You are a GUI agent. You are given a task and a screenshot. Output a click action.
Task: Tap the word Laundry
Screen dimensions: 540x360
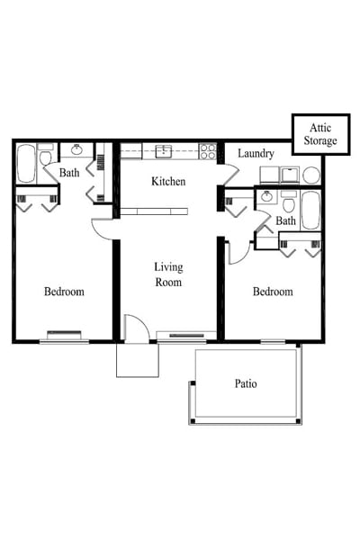(x=256, y=154)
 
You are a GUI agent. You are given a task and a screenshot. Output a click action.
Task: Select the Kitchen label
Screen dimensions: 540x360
(x=168, y=182)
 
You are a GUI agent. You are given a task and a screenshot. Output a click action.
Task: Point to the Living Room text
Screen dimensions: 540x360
(x=168, y=274)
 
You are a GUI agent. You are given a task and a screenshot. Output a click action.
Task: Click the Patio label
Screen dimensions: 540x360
(x=246, y=383)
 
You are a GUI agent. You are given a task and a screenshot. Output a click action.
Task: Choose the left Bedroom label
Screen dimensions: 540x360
(x=64, y=292)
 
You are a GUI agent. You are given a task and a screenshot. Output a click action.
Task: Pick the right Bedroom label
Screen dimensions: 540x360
(x=272, y=292)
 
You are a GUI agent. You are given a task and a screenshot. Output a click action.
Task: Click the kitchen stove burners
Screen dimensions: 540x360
(x=209, y=151)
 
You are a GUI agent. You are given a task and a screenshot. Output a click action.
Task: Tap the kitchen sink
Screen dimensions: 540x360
(x=164, y=150)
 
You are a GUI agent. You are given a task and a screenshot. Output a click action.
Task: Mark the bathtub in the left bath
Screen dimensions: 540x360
(x=25, y=162)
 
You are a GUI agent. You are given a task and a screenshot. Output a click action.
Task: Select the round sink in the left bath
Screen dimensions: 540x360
(x=77, y=150)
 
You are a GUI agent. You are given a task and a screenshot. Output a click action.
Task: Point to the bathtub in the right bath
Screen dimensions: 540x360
(x=310, y=210)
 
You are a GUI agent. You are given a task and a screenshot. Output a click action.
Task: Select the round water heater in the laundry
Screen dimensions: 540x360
(x=311, y=175)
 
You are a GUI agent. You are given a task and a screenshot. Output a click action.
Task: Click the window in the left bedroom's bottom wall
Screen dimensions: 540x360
(x=64, y=340)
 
